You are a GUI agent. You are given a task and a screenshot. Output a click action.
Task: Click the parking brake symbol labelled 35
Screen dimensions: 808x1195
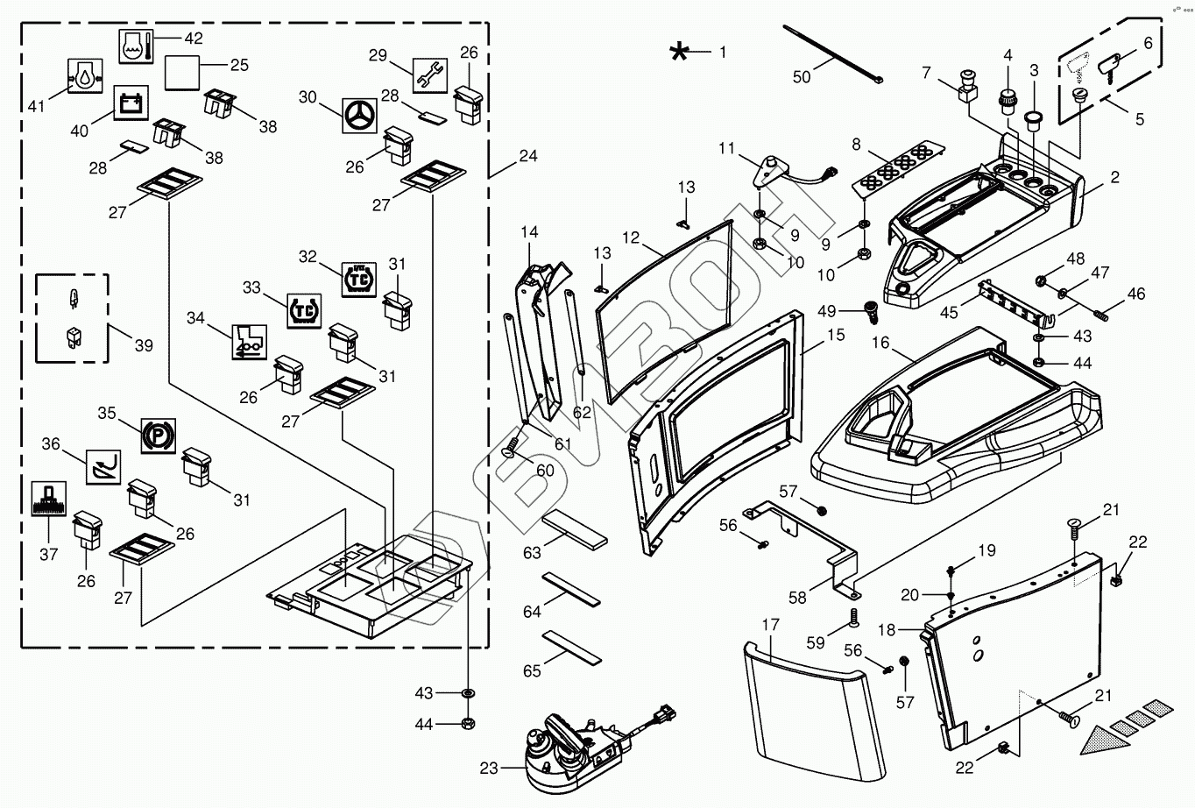[159, 435]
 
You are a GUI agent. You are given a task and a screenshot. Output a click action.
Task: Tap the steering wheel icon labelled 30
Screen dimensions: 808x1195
[357, 115]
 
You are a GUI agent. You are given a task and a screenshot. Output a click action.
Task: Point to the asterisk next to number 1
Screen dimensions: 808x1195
[679, 52]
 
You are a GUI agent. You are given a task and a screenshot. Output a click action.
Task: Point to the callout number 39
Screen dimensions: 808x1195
[144, 345]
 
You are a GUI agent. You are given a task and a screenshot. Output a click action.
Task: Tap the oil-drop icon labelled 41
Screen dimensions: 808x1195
[85, 76]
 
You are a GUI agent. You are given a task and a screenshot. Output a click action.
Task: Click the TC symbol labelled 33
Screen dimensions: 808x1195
[305, 310]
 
